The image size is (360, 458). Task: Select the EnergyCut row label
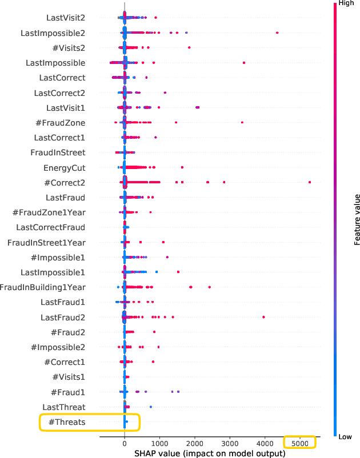(x=65, y=168)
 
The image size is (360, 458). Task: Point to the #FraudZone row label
(x=59, y=123)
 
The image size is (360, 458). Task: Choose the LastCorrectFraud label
(x=51, y=227)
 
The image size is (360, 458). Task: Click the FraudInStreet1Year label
(x=46, y=243)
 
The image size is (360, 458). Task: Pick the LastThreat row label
(x=64, y=407)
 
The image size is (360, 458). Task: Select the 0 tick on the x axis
(x=125, y=443)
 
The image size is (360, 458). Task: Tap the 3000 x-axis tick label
(x=229, y=443)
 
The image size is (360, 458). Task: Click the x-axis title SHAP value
(x=210, y=453)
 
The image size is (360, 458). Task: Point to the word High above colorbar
(x=346, y=3)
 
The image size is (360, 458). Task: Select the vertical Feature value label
(x=357, y=220)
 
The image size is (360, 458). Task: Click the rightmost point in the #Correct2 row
(x=309, y=182)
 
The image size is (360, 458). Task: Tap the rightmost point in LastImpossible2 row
(x=277, y=33)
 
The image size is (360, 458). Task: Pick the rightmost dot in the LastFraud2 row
(x=263, y=317)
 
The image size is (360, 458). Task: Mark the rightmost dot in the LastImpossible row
(x=244, y=62)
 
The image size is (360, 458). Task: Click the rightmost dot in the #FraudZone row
(x=242, y=122)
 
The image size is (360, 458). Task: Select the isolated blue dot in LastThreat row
(x=151, y=407)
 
